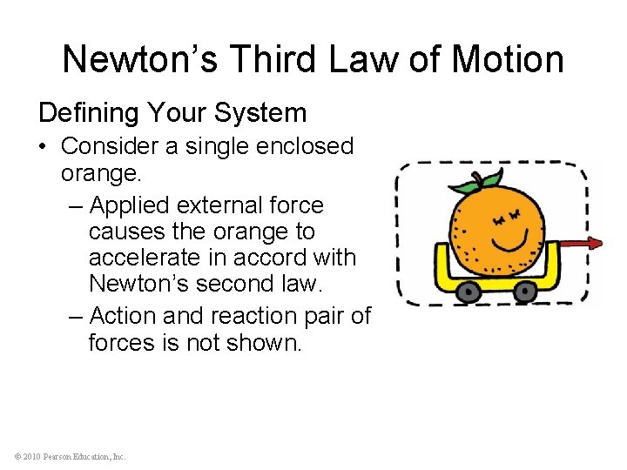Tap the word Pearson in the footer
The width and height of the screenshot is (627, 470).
[57, 456]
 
